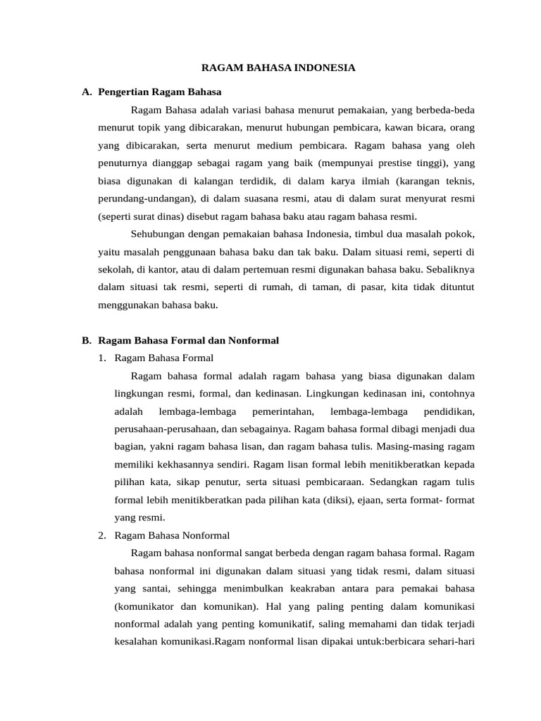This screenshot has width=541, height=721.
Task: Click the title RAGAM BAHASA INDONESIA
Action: click(x=278, y=68)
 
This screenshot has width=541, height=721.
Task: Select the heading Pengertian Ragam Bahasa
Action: click(x=160, y=92)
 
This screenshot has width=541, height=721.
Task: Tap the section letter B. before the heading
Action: click(x=86, y=340)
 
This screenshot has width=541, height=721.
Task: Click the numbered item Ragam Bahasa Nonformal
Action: click(x=172, y=535)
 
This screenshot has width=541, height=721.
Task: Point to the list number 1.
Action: click(x=103, y=358)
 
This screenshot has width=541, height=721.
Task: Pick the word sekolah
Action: click(x=116, y=269)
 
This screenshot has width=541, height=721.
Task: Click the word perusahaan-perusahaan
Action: click(x=164, y=428)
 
